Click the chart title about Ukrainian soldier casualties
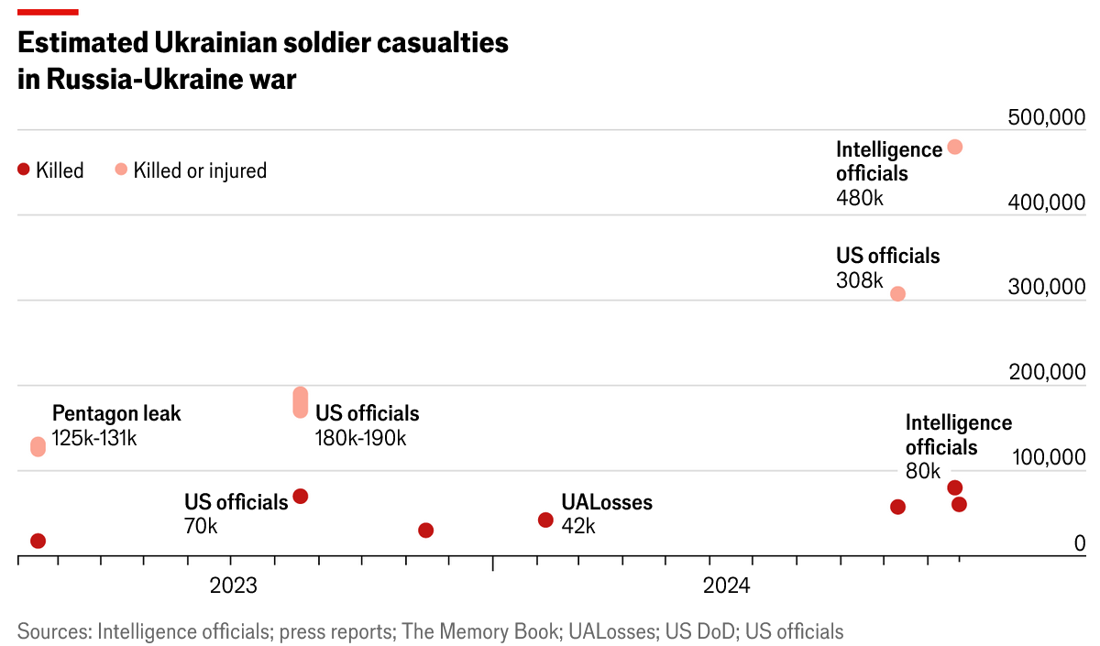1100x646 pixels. [x=262, y=60]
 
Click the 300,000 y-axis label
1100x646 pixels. [x=1046, y=288]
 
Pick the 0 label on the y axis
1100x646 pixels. [x=1079, y=543]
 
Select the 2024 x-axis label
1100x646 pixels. [x=726, y=586]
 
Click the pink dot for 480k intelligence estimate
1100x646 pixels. [x=954, y=147]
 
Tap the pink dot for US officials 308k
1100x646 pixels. [x=898, y=294]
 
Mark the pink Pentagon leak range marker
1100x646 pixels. [x=38, y=446]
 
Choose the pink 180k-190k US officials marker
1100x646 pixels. [x=300, y=402]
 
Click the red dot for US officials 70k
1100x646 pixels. [x=300, y=497]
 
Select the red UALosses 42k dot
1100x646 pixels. [x=545, y=520]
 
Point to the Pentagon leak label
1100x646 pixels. [x=116, y=413]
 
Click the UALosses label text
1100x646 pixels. [x=607, y=502]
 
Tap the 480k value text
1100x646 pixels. [x=860, y=197]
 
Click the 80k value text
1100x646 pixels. [x=923, y=472]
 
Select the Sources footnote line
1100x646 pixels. [x=430, y=631]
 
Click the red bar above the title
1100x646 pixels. [x=48, y=12]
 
